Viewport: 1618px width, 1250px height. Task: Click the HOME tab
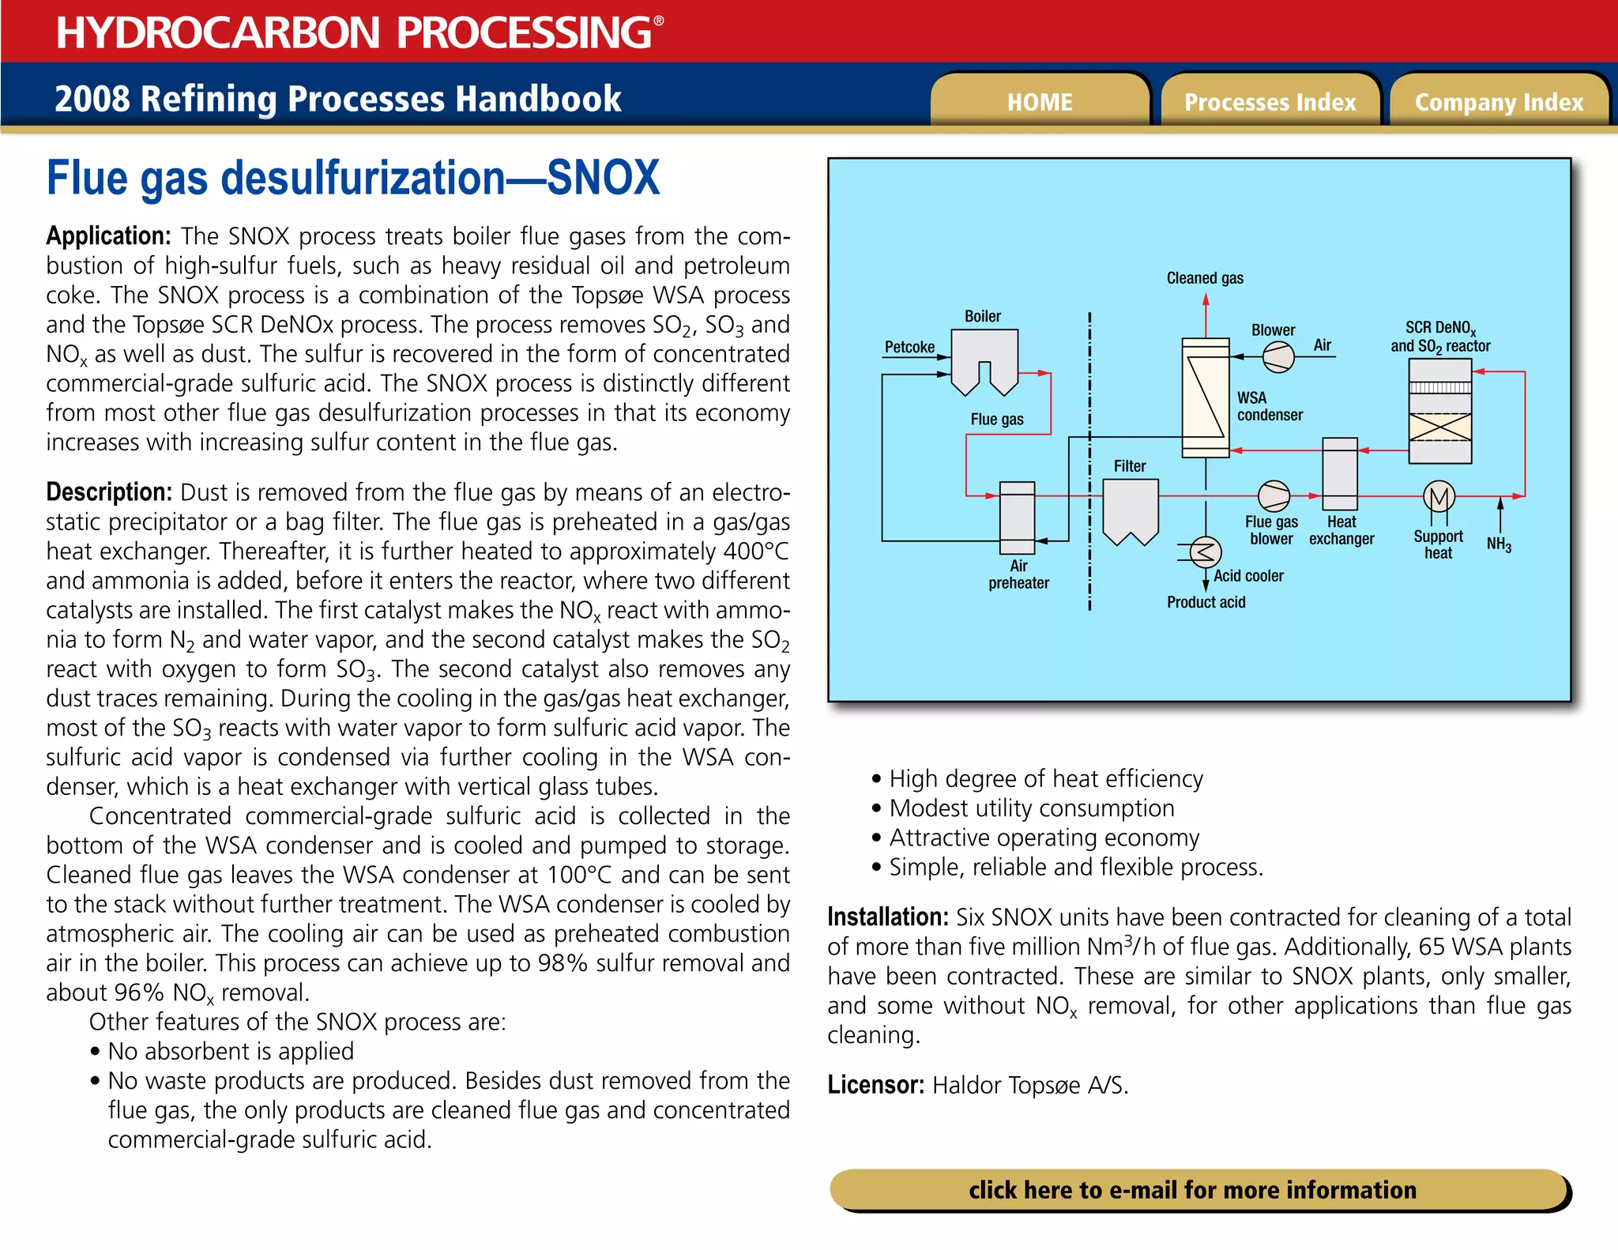[1039, 102]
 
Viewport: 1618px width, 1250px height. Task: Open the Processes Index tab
[1270, 102]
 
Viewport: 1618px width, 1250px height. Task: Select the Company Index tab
[1499, 102]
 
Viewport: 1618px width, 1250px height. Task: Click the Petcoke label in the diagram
[909, 347]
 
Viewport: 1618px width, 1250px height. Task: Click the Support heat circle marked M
[1439, 497]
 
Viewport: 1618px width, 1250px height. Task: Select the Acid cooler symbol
[1205, 552]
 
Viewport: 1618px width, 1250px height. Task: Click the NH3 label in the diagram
[1499, 544]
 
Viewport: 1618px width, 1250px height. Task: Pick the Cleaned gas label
[1205, 278]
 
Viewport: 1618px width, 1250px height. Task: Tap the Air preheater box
[1017, 518]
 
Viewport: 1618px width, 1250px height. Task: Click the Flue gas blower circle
[1274, 496]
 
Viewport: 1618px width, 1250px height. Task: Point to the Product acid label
[1206, 602]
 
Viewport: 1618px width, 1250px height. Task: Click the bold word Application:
[108, 236]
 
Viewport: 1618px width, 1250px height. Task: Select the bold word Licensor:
[875, 1085]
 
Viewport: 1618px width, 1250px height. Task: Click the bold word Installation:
[887, 917]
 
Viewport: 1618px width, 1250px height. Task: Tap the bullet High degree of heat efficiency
[1045, 779]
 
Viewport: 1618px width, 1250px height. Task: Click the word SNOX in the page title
[603, 179]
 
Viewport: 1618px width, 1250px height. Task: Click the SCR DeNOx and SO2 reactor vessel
[1439, 411]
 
